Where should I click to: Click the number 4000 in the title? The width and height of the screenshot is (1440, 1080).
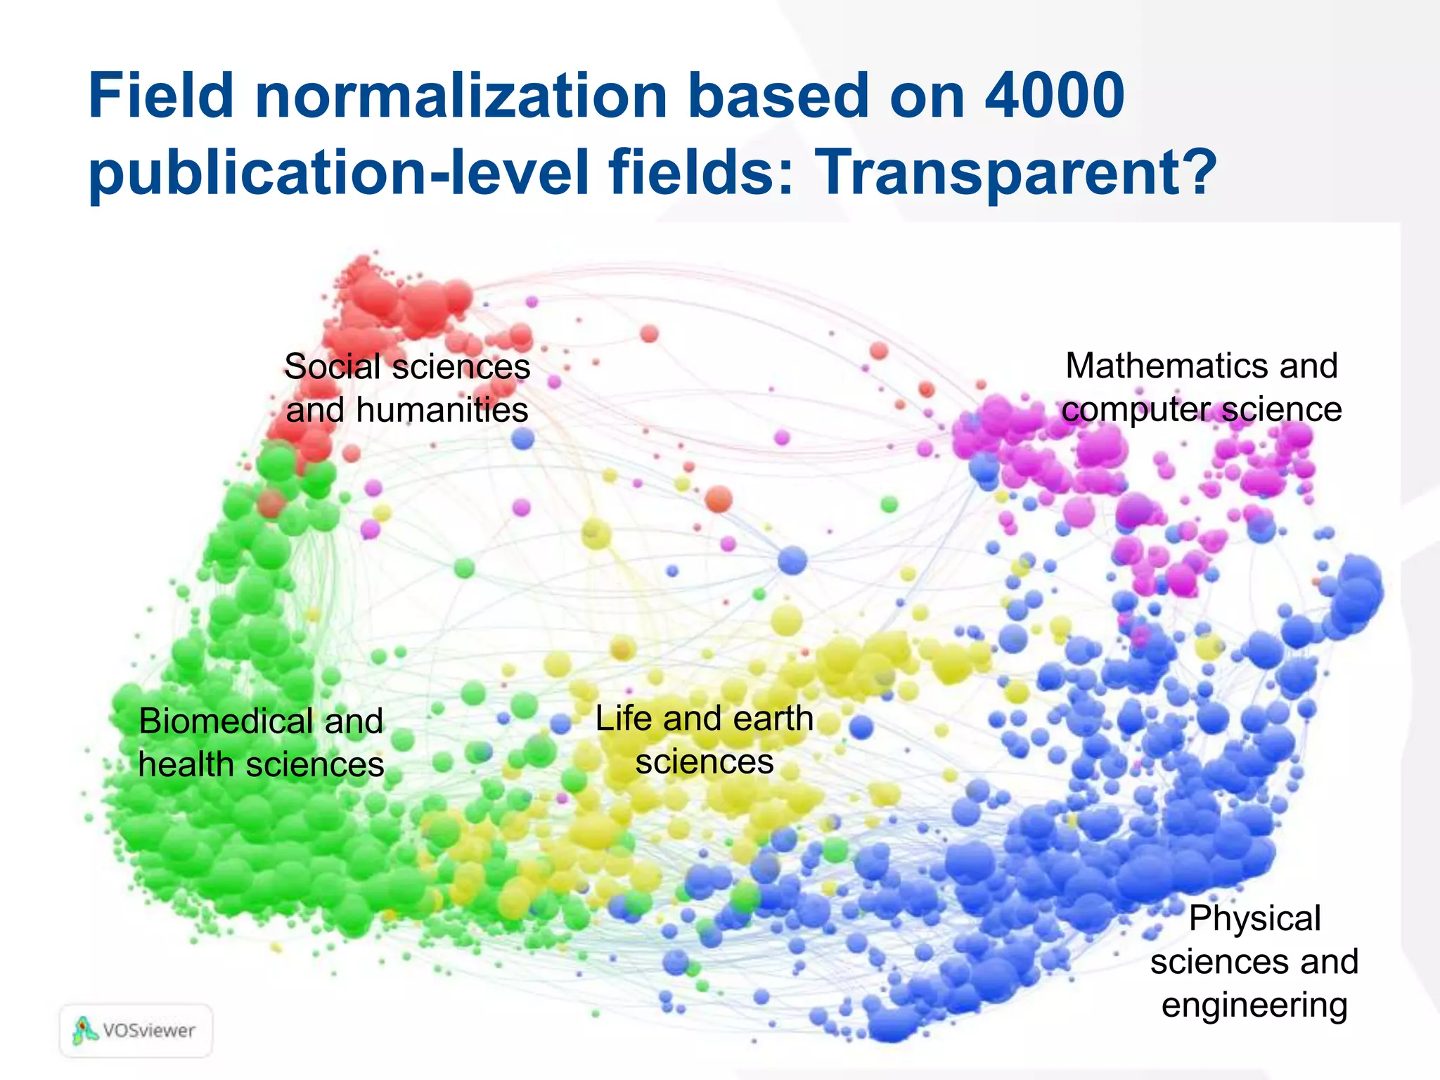coord(1054,96)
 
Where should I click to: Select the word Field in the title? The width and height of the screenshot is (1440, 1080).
coord(160,96)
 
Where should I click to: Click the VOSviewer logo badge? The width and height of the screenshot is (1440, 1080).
coord(136,1031)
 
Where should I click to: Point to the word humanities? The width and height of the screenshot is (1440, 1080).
coord(442,410)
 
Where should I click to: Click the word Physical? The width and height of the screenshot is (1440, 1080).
coord(1254,918)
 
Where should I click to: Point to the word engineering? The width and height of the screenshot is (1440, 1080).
coord(1254,1005)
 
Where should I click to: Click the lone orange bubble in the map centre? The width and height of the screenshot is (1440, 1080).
coord(719,500)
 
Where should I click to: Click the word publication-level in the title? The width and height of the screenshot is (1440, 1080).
coord(337,172)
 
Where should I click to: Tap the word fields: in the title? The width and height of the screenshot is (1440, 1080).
coord(701,172)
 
